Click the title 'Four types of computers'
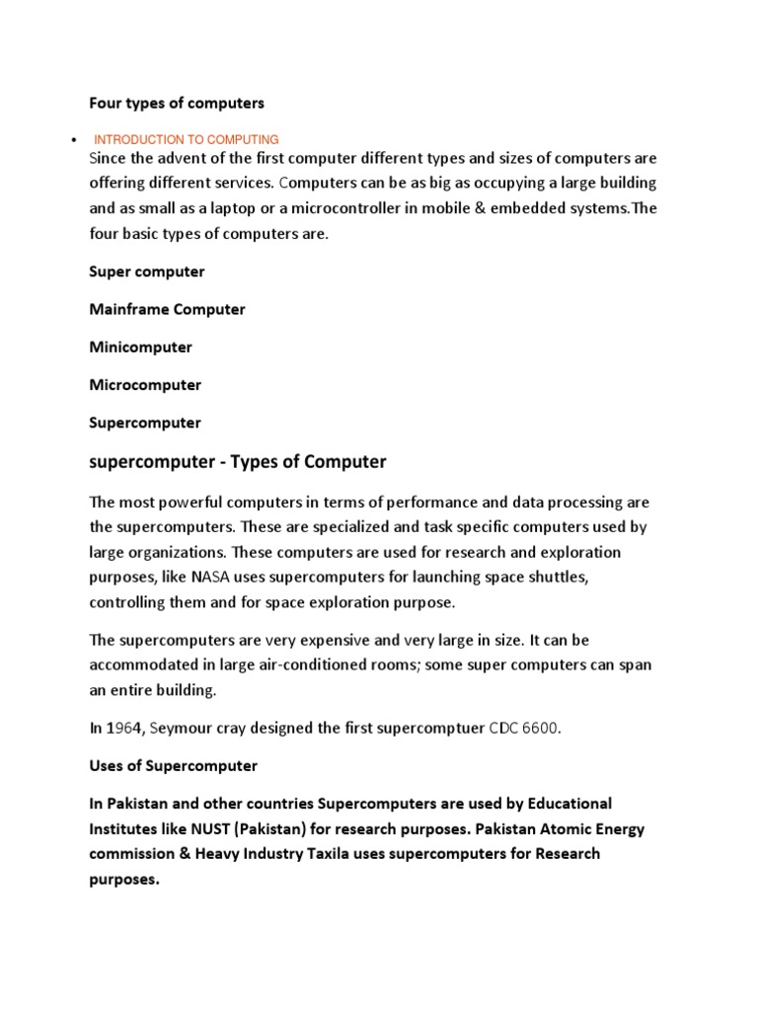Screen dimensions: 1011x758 tap(177, 103)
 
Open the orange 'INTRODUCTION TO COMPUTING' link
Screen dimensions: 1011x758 tap(187, 140)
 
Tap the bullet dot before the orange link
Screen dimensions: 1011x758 tap(62, 140)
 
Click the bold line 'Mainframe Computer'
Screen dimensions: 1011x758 tap(167, 309)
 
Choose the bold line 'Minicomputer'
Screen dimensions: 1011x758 tap(140, 348)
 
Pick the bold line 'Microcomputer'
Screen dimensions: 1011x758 tap(145, 385)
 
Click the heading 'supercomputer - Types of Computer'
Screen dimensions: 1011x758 tap(237, 462)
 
